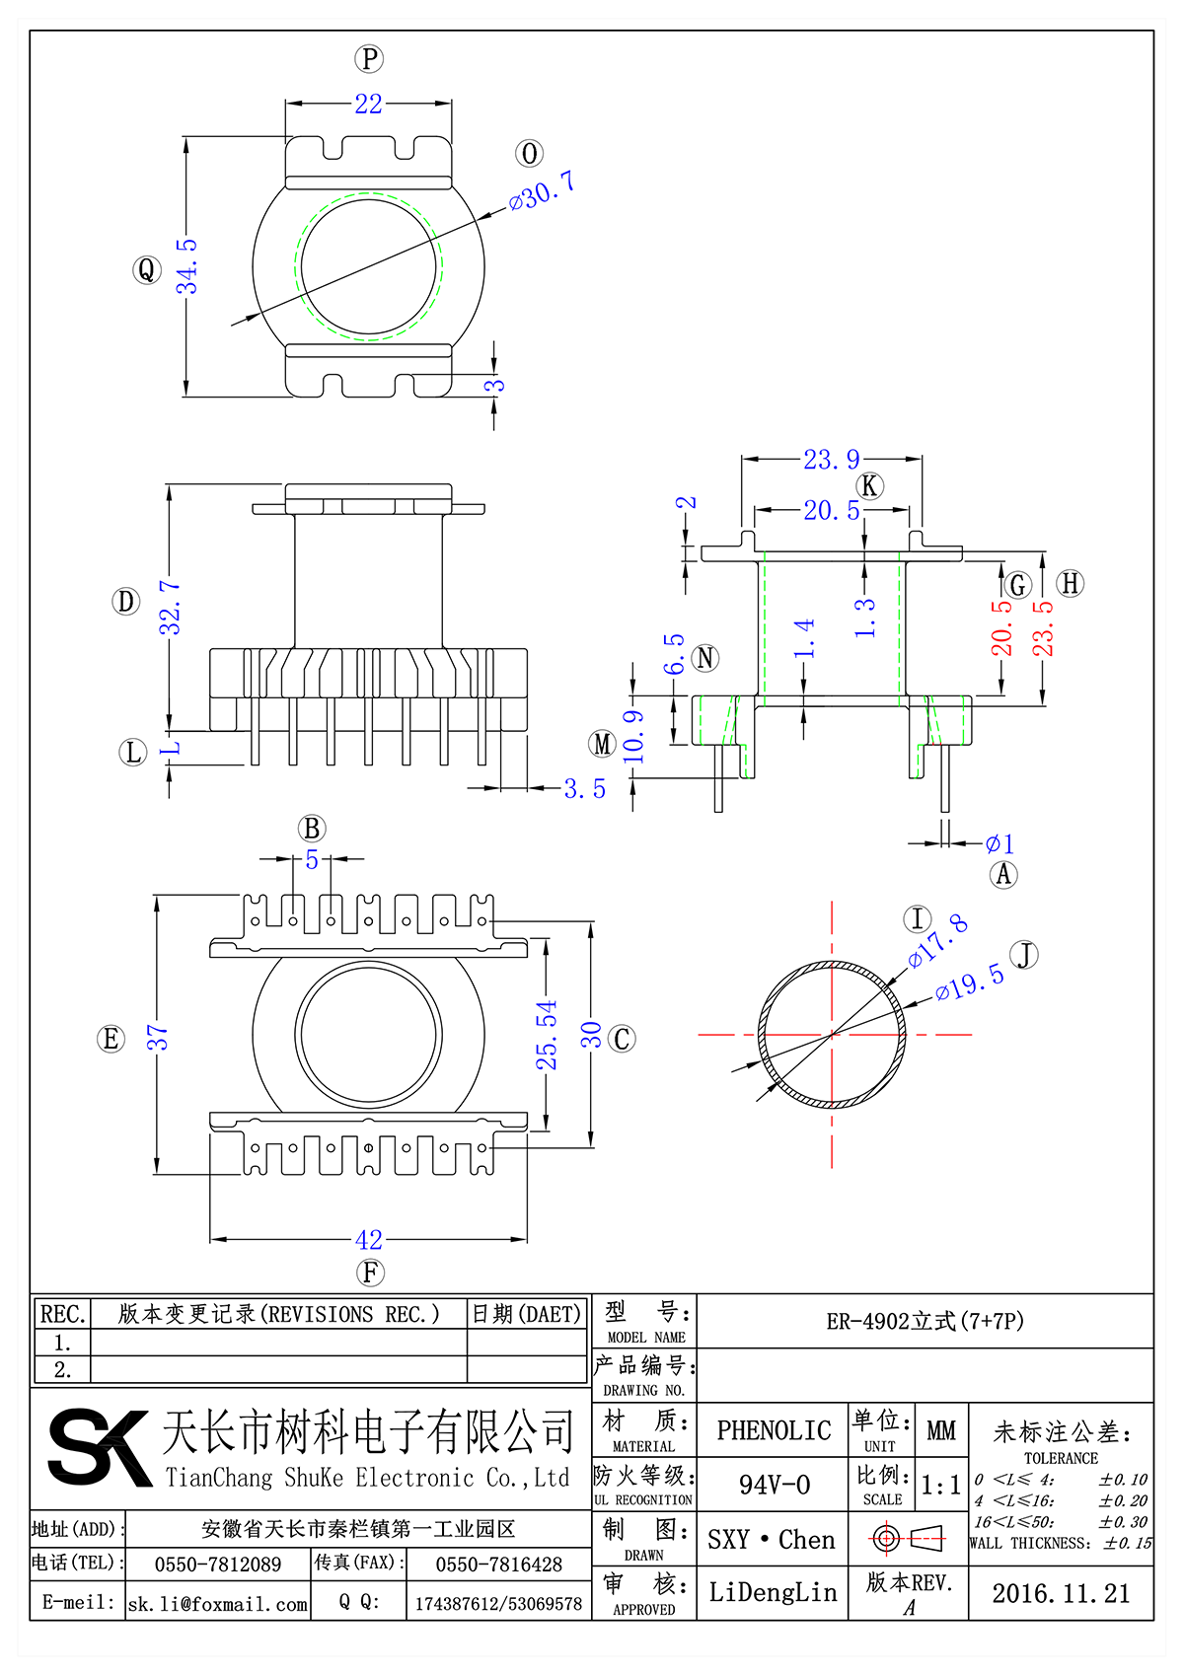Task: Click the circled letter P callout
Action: point(369,59)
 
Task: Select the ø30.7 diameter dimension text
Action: point(542,191)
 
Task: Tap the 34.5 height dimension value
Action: point(187,266)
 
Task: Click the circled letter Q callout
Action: point(147,269)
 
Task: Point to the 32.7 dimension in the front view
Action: point(171,607)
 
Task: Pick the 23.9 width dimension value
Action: point(831,460)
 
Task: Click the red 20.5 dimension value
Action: point(1002,627)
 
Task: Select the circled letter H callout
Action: point(1070,583)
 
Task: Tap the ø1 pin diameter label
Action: point(999,843)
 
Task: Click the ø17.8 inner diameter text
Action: point(938,940)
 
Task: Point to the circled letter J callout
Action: point(1026,955)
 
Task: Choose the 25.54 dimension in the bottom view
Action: point(547,1035)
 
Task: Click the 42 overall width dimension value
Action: point(369,1239)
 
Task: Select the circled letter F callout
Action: point(370,1273)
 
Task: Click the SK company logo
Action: point(99,1448)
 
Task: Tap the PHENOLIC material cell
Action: point(774,1430)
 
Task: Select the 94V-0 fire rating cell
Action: point(775,1485)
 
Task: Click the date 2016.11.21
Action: point(1061,1593)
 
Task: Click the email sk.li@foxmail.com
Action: point(218,1604)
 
